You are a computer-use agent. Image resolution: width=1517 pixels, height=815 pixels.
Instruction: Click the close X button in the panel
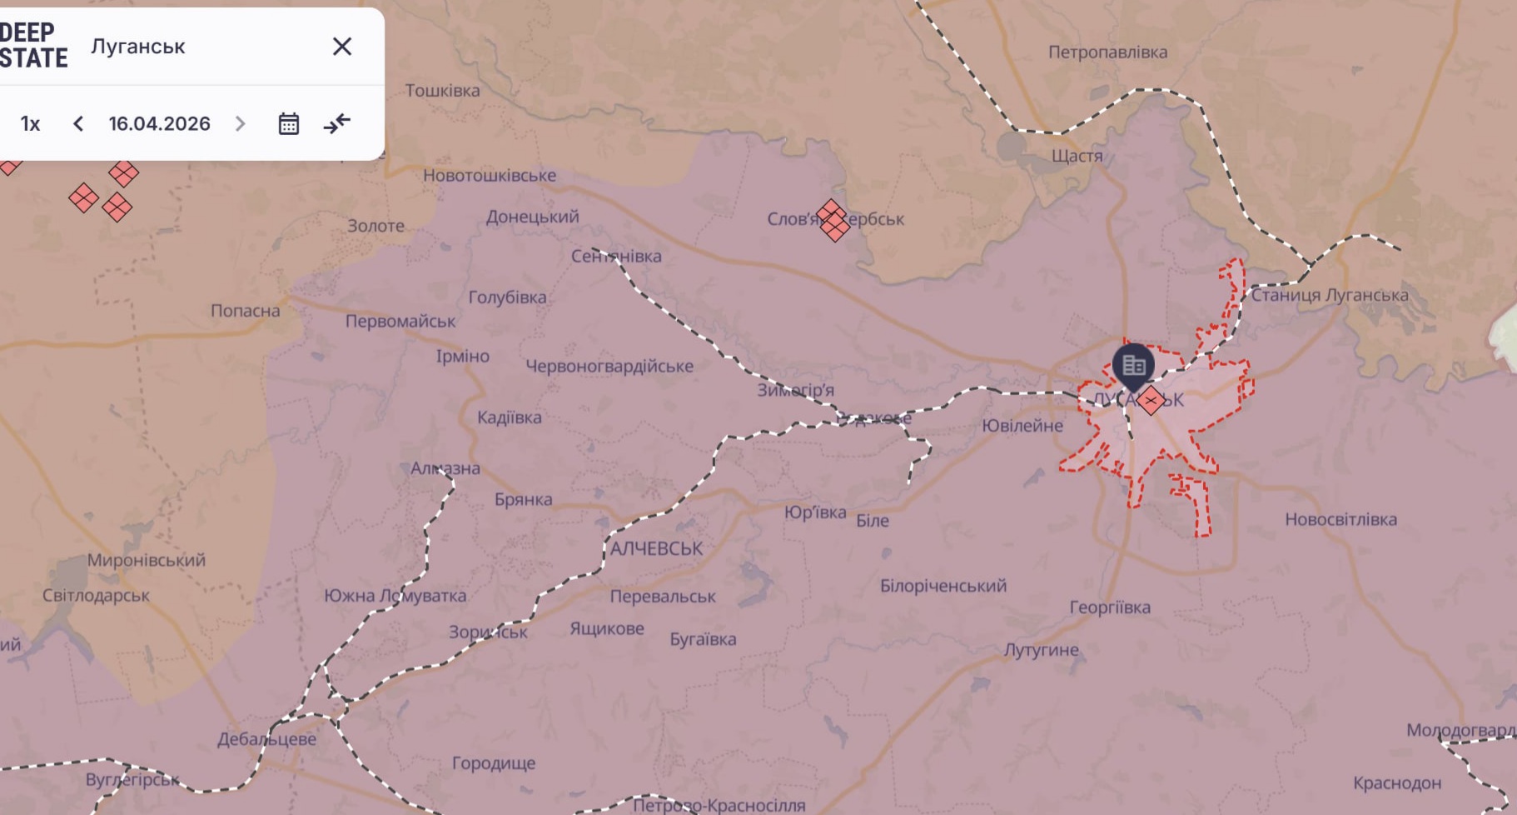click(x=342, y=47)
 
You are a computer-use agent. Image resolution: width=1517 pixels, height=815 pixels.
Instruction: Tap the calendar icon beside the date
click(x=288, y=124)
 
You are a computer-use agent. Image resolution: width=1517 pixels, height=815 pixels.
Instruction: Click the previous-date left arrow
click(x=78, y=124)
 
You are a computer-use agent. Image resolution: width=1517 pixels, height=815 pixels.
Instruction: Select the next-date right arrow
click(x=241, y=124)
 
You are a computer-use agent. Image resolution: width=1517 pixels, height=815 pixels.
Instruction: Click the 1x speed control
click(x=31, y=124)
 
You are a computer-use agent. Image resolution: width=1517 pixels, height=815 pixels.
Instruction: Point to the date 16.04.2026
click(x=159, y=124)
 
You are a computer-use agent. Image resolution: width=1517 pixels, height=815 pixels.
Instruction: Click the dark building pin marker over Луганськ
click(x=1133, y=365)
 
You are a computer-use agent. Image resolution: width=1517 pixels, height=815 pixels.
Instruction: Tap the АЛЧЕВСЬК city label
click(x=656, y=548)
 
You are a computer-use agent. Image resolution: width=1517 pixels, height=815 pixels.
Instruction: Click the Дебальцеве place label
click(x=266, y=739)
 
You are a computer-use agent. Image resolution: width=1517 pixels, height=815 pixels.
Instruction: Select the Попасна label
click(x=245, y=311)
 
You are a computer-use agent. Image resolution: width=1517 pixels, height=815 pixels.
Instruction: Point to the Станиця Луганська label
click(x=1330, y=295)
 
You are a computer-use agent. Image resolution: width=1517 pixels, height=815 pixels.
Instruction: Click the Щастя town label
click(x=1077, y=156)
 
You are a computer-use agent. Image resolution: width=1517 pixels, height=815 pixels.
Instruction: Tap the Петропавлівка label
click(x=1107, y=52)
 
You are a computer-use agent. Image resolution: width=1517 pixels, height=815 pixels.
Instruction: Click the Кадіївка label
click(x=509, y=417)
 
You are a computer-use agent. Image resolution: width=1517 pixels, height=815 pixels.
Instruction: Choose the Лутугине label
click(x=1041, y=650)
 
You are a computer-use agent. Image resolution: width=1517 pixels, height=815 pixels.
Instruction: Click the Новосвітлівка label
click(x=1340, y=519)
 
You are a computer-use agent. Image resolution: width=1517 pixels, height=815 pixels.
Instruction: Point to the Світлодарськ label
click(x=96, y=596)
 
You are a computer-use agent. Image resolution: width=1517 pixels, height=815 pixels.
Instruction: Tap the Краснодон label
click(x=1397, y=783)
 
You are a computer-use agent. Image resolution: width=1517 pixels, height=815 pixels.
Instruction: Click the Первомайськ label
click(x=400, y=321)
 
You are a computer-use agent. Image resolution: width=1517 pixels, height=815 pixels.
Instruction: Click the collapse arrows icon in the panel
click(x=337, y=124)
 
